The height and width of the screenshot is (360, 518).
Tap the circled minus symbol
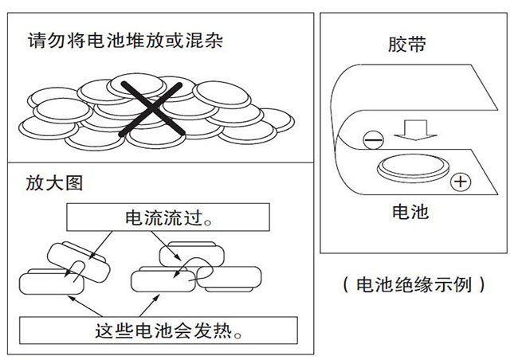pos(371,140)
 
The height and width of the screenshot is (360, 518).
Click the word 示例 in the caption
pos(452,283)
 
